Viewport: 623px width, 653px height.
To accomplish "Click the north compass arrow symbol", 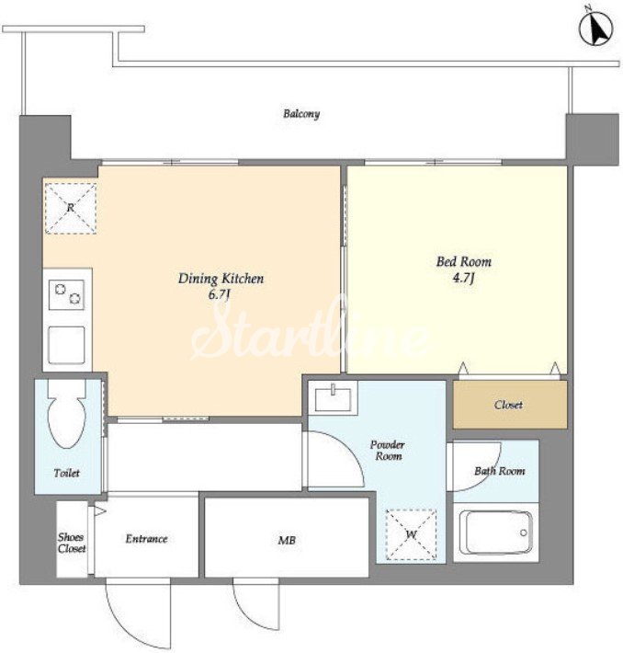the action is [x=596, y=29].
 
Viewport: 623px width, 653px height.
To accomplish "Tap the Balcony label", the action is [x=301, y=114].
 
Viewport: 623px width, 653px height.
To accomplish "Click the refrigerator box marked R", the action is [x=71, y=208].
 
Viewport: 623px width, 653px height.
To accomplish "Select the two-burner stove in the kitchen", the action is [x=66, y=294].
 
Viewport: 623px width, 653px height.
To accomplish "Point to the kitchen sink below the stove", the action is [x=66, y=345].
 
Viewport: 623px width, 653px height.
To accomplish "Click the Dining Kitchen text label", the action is [x=221, y=279].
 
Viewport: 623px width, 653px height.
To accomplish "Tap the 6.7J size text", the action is [x=220, y=295].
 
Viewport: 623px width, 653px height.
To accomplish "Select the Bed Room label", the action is [x=464, y=261].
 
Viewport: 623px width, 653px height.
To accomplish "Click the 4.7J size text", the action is [x=464, y=278].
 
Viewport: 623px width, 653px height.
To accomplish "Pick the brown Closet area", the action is [x=510, y=405].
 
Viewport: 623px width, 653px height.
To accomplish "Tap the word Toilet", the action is [x=66, y=473].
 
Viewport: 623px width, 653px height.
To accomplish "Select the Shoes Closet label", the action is [x=72, y=543].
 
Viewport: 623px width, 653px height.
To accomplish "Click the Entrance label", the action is [x=146, y=539].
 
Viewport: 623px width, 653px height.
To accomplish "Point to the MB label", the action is [x=287, y=541].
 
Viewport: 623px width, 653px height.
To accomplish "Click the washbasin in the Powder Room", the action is [x=333, y=397].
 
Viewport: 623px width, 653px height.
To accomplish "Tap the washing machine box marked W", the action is [x=411, y=533].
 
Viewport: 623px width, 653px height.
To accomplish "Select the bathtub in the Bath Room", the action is [x=495, y=533].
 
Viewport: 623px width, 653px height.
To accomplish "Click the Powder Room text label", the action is [x=388, y=451].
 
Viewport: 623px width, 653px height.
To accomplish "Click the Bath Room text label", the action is [x=499, y=471].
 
